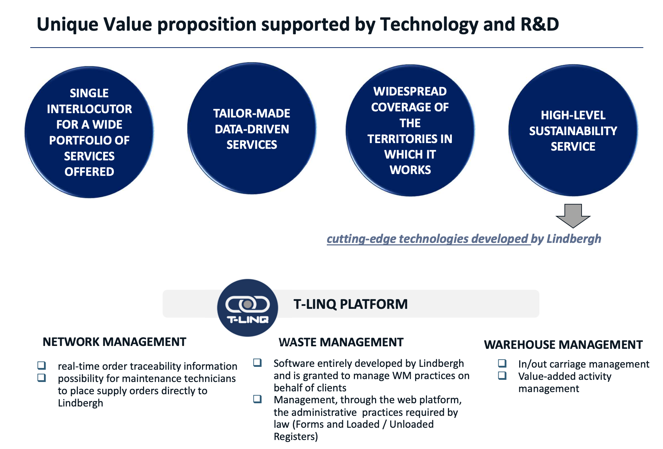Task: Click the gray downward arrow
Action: (573, 215)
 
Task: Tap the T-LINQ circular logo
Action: (248, 308)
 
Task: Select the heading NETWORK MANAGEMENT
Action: (115, 342)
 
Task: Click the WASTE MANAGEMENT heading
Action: (341, 342)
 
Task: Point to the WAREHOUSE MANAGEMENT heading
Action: (563, 344)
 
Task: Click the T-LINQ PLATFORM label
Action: (351, 304)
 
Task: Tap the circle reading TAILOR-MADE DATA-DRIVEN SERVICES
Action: (252, 129)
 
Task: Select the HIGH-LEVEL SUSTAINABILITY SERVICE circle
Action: (573, 130)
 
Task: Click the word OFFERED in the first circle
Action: (89, 172)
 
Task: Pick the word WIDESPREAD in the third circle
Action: (410, 91)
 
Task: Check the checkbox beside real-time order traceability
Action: (42, 365)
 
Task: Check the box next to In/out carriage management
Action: (502, 363)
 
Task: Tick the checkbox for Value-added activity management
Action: (502, 375)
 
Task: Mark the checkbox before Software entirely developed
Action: (257, 363)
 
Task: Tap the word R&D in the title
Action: (540, 24)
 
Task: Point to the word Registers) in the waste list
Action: (296, 437)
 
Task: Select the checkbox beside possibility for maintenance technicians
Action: (42, 378)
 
